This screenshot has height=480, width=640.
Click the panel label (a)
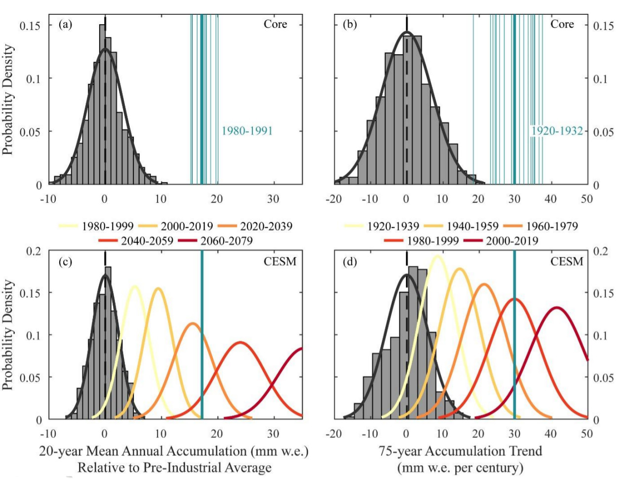65,24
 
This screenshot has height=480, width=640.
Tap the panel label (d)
350,261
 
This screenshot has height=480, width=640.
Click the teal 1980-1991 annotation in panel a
247,131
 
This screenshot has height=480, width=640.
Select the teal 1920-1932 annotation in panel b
557,131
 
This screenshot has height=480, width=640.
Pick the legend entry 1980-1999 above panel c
108,227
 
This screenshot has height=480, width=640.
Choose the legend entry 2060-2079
226,241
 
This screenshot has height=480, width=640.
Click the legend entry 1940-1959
472,227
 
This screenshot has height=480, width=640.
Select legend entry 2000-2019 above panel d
512,241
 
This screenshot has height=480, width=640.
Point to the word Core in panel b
562,24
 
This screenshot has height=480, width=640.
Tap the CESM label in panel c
280,261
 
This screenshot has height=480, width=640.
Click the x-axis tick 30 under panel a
273,199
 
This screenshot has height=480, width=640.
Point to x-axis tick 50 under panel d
587,434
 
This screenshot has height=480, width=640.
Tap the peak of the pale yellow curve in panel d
437,256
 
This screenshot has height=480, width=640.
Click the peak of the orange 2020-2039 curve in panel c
193,324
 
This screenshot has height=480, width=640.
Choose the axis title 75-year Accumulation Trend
460,451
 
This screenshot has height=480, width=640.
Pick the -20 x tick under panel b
334,199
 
